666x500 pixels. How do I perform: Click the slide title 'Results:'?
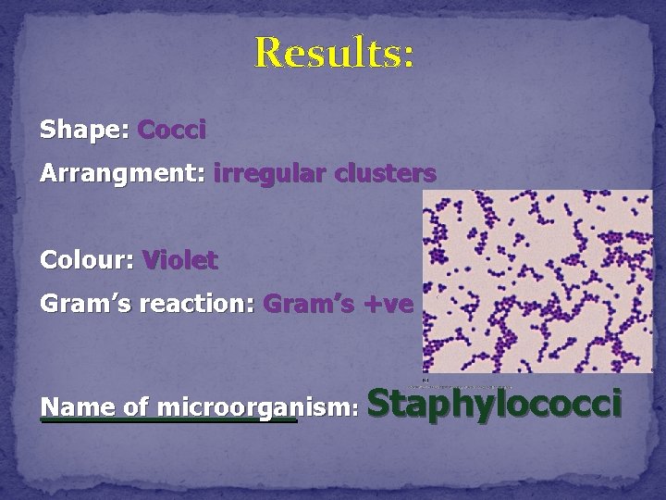(x=334, y=53)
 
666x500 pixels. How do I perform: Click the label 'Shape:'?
(x=84, y=131)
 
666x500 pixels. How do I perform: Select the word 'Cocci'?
(x=171, y=131)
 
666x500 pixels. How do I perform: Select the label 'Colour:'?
(x=88, y=261)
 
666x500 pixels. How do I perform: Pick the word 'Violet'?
(x=180, y=261)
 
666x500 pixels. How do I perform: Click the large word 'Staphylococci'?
(x=495, y=406)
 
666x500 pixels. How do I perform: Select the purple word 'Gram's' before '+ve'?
(x=306, y=305)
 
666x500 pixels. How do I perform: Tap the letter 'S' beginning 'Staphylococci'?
(x=381, y=404)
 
